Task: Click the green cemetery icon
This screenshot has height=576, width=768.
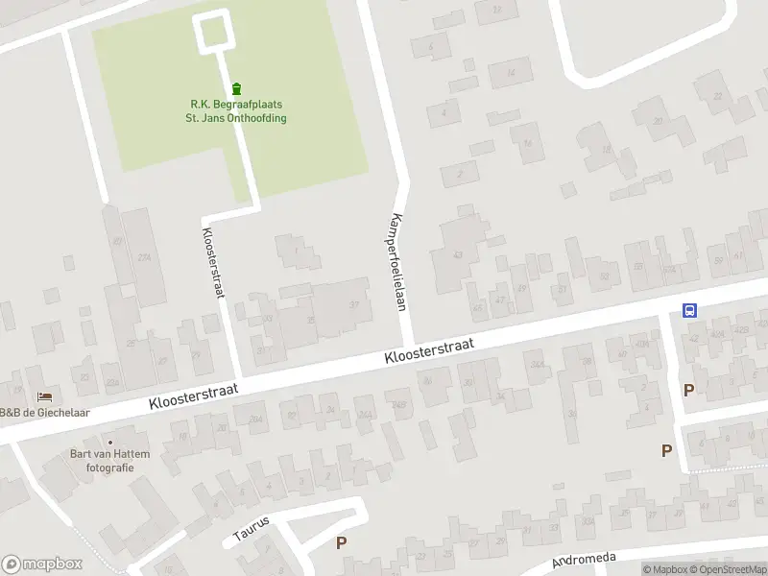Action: [x=237, y=88]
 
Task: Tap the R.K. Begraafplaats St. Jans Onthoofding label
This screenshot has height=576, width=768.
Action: [x=236, y=111]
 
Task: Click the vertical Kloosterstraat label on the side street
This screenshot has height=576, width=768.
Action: [x=212, y=262]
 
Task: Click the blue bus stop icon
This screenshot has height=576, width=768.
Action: [x=689, y=310]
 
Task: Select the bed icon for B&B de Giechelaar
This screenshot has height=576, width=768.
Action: [x=43, y=396]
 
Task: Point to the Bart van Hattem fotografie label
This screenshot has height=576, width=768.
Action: [x=102, y=461]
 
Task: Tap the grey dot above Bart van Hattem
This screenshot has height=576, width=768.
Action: [x=108, y=442]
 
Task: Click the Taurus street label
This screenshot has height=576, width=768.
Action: [x=252, y=530]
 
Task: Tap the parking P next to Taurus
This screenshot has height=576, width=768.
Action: [x=340, y=543]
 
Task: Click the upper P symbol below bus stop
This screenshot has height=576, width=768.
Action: [x=687, y=390]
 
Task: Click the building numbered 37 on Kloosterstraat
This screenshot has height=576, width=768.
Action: [x=353, y=305]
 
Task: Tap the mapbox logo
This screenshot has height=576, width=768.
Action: [x=42, y=564]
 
